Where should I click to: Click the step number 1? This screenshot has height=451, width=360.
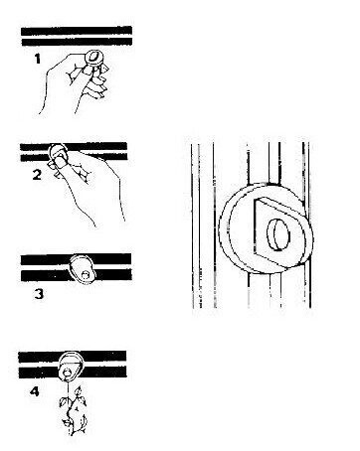[38, 59]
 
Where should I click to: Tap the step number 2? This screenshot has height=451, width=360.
[37, 175]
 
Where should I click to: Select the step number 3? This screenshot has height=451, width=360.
[39, 294]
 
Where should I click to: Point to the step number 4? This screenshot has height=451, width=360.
[35, 391]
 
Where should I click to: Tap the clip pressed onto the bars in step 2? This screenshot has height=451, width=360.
[57, 153]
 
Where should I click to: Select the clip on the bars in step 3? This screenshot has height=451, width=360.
[83, 269]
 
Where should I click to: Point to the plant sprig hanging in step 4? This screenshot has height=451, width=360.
[74, 410]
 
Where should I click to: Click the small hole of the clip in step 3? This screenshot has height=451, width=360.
[86, 274]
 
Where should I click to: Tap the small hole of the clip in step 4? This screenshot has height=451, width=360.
[68, 373]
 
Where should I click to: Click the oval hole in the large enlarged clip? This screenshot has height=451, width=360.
[277, 235]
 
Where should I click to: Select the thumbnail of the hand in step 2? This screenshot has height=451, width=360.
[61, 162]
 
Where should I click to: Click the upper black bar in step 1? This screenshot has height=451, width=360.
[77, 31]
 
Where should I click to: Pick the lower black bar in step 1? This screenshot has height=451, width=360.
[77, 42]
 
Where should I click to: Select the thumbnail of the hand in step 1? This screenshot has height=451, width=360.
[87, 70]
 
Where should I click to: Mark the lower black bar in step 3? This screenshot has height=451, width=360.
[77, 275]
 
